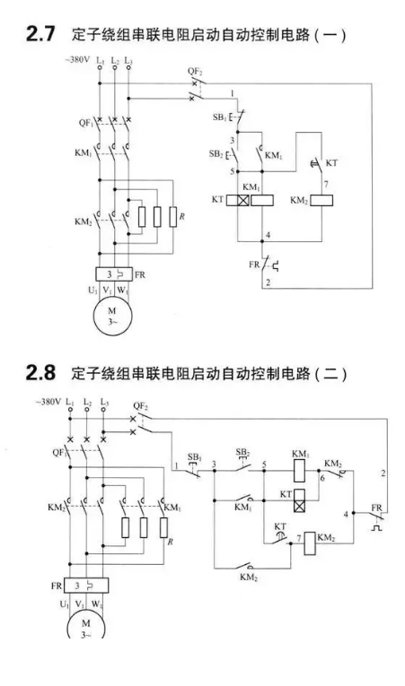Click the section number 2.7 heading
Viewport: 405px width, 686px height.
(40, 34)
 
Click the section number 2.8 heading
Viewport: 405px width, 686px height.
(40, 373)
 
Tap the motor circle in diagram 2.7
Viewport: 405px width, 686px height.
(111, 317)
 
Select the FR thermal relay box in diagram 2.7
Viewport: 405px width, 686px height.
(114, 274)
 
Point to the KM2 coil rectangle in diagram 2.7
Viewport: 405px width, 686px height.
(321, 200)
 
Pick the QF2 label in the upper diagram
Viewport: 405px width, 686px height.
(195, 72)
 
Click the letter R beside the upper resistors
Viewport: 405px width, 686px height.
(181, 216)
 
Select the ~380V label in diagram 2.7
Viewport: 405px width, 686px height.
(77, 60)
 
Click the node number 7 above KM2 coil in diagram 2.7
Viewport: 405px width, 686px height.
(326, 185)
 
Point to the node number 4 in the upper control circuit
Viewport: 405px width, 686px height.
(269, 235)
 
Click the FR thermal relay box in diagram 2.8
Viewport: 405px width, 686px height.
(86, 585)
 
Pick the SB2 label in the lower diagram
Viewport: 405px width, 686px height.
(242, 452)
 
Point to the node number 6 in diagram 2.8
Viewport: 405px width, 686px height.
(322, 478)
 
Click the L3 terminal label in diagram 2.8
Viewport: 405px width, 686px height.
(104, 402)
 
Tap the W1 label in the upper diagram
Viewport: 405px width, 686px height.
(122, 290)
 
